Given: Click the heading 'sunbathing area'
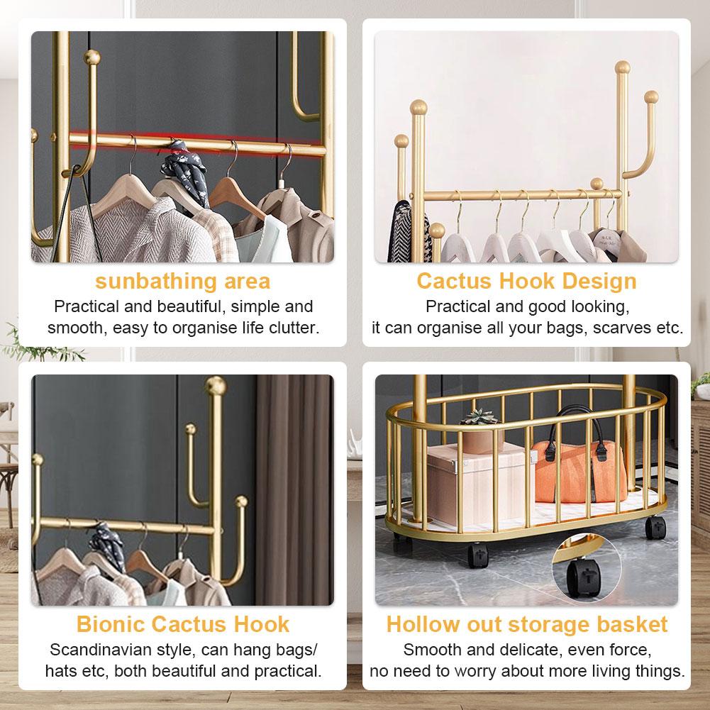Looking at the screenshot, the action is tap(182, 282).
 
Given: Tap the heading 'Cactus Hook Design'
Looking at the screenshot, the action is tap(526, 281).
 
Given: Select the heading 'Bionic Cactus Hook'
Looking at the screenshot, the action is tap(182, 624).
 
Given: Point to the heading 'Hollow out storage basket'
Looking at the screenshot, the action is tap(526, 624).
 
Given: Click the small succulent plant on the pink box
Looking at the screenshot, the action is tap(479, 418).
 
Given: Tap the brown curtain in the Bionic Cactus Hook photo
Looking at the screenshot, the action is tap(294, 489).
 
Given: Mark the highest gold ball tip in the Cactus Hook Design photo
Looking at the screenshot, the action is tap(623, 67).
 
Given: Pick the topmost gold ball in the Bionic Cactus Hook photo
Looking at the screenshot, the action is tap(216, 385).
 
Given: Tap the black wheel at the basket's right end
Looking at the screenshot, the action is tap(655, 528).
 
